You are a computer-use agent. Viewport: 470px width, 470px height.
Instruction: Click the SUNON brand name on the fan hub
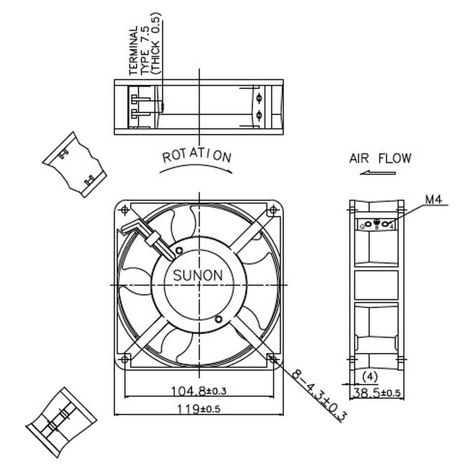198,276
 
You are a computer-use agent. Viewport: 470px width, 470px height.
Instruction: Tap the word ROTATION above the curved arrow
197,156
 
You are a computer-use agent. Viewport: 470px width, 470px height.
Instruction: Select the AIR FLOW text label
380,158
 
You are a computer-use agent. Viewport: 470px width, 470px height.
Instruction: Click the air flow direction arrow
378,173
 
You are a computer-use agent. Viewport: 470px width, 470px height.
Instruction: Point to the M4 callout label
433,200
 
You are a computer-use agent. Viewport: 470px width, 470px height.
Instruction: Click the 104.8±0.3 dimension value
199,391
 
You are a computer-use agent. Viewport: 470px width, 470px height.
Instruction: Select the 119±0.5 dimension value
199,409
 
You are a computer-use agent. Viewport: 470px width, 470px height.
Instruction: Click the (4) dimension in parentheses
370,377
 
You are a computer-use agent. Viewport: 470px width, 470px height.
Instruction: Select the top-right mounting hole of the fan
273,210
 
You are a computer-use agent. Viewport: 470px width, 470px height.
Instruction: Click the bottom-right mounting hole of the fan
273,359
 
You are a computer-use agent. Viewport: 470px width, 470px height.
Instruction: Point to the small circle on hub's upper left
179,250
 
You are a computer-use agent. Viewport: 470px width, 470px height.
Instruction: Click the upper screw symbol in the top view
259,98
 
